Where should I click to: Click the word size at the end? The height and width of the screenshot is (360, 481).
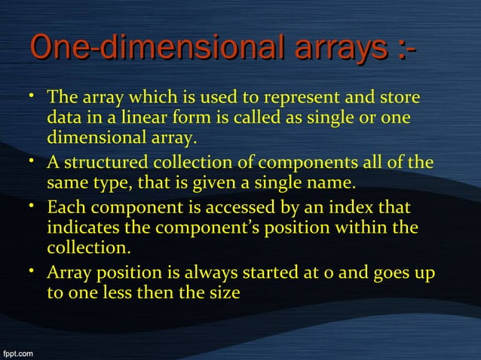coord(224,292)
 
